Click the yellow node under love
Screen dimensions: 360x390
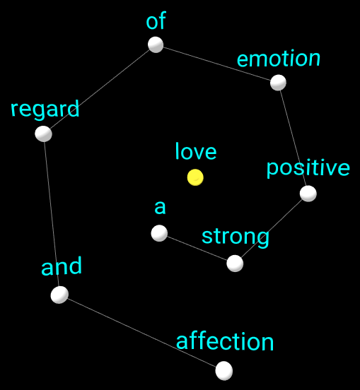click(x=195, y=177)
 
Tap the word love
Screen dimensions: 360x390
click(x=196, y=151)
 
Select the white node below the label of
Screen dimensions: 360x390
click(x=156, y=45)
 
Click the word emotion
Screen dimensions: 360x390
click(x=279, y=58)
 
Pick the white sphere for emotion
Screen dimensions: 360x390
click(x=278, y=83)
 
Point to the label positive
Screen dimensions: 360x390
click(x=308, y=168)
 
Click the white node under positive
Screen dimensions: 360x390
click(x=308, y=194)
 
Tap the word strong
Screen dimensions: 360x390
click(x=236, y=237)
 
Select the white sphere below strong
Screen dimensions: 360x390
click(x=235, y=264)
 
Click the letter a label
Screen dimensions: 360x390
click(x=160, y=208)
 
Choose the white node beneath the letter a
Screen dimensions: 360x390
click(x=159, y=233)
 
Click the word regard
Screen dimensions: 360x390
click(x=45, y=110)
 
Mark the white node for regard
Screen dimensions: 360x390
click(x=44, y=134)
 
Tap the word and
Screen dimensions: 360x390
click(x=62, y=266)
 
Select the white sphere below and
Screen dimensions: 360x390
click(x=59, y=295)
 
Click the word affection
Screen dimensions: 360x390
click(x=225, y=341)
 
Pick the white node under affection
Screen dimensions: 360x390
click(x=224, y=371)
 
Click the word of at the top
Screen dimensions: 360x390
click(x=156, y=20)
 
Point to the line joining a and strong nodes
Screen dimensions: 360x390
click(x=197, y=248)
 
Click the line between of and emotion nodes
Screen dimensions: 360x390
click(x=217, y=64)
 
